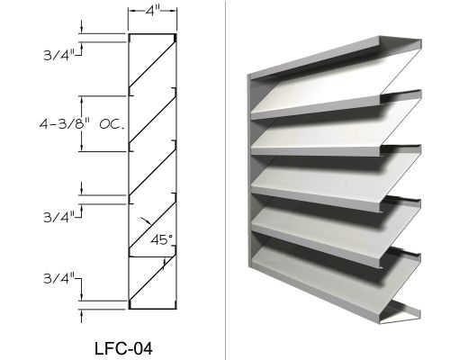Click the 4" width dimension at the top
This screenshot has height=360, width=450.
[x=152, y=11]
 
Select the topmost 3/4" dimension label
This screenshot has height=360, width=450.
[x=59, y=55]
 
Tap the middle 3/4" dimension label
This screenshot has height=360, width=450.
[x=59, y=217]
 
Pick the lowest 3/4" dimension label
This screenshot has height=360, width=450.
[x=59, y=278]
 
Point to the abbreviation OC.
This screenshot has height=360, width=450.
[x=112, y=124]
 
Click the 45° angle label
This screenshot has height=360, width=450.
[x=161, y=239]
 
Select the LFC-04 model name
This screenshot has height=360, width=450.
[x=123, y=348]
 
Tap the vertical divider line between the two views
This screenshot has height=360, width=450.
[x=225, y=180]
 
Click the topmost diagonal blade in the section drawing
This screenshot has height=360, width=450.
[x=152, y=64]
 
